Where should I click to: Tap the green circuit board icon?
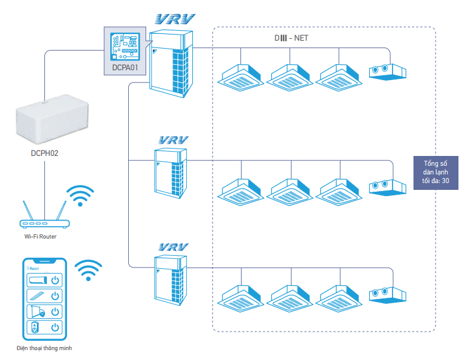[124, 44]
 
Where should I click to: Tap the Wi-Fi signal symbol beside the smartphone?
[88, 270]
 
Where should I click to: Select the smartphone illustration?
[44, 298]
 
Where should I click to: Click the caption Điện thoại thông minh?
[45, 348]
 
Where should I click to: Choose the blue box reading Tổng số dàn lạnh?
[436, 172]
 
